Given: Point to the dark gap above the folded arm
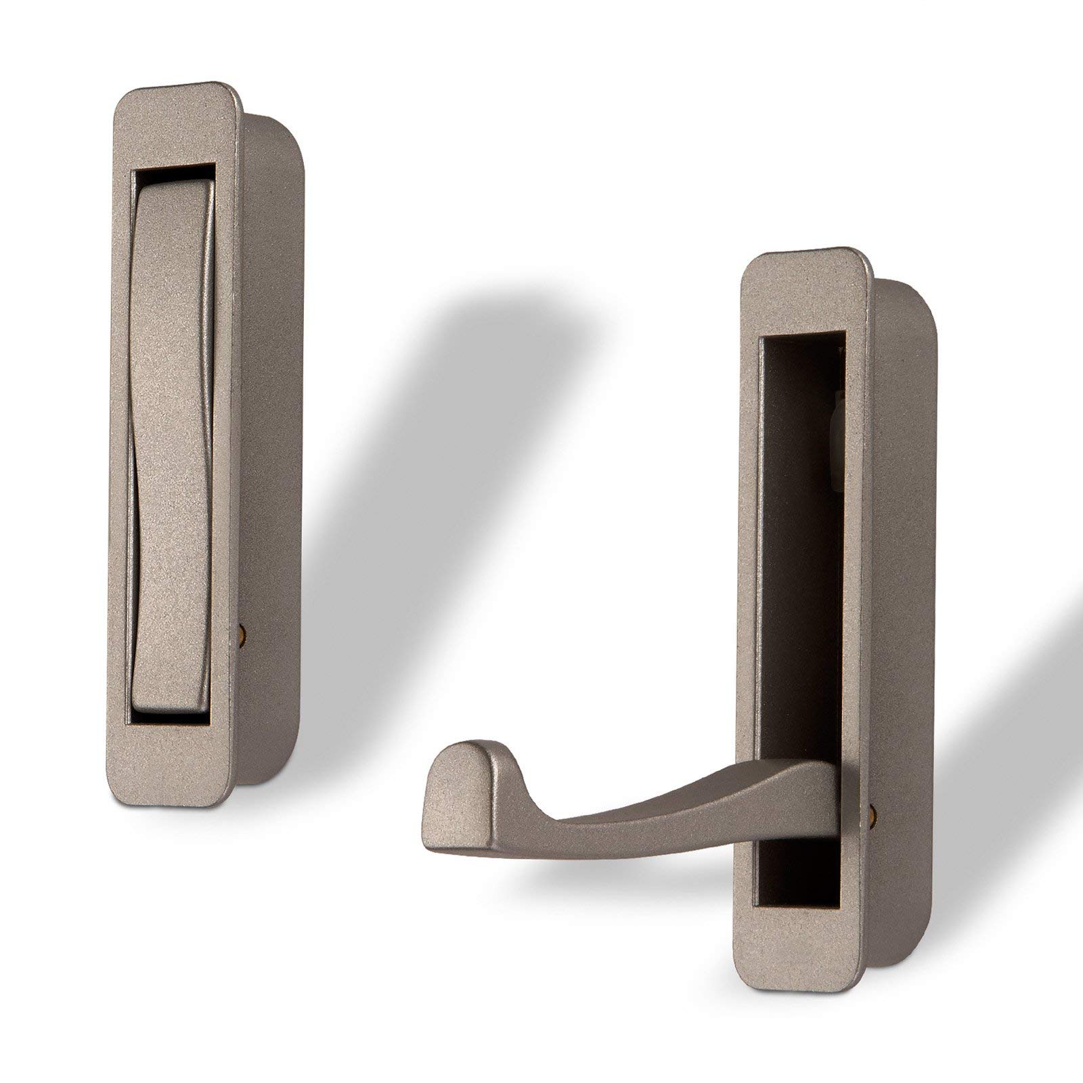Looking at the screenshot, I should [x=173, y=177].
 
